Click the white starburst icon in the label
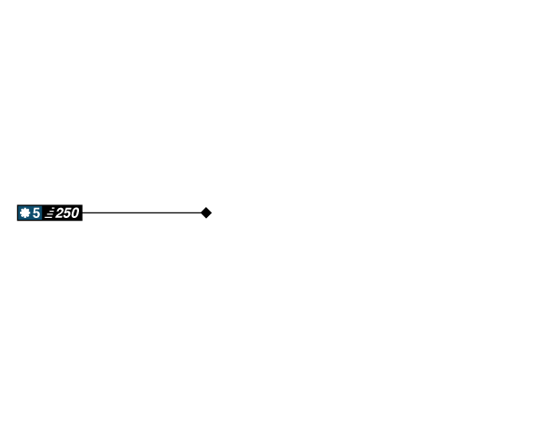tap(25, 212)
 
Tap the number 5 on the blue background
tap(36, 212)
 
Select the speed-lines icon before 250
tap(49, 212)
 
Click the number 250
tap(67, 212)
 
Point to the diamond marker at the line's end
tap(206, 212)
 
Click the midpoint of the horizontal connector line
tap(142, 212)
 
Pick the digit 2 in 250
tap(60, 212)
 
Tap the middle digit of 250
tap(67, 212)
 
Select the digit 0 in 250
tap(74, 212)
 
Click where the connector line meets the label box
tap(84, 212)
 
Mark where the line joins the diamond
tap(200, 212)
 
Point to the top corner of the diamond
tap(206, 205)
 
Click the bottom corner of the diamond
tap(206, 220)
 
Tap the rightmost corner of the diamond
tap(213, 212)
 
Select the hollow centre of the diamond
tap(206, 212)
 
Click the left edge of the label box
tap(16, 212)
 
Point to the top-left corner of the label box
tap(16, 203)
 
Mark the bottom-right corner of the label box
tap(83, 222)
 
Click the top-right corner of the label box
tap(83, 203)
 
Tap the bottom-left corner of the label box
tap(16, 222)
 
